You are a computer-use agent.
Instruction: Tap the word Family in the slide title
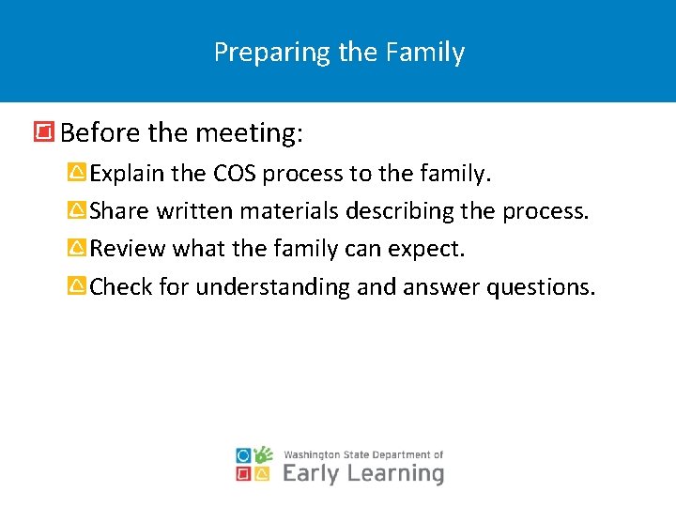click(426, 53)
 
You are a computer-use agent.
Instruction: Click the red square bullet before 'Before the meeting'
click(43, 133)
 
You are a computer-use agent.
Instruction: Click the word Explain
click(127, 174)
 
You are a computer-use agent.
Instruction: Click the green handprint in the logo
click(264, 455)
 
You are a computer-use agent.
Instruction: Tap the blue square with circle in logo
click(244, 455)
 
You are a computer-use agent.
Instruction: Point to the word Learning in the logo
click(395, 472)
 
